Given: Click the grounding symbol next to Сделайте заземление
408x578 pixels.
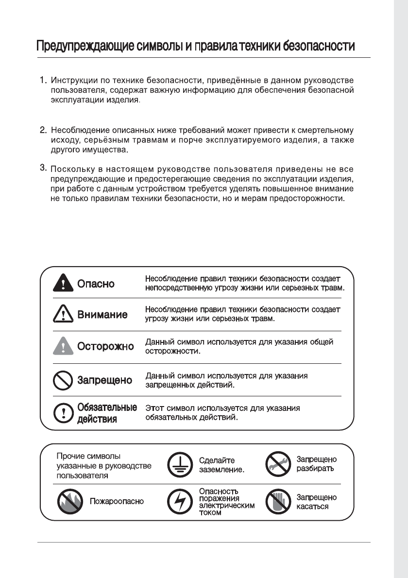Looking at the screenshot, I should pos(177,465).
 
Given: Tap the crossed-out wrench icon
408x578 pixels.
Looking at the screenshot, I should pos(276,465).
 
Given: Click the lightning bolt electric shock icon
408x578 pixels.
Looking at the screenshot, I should pos(177,502).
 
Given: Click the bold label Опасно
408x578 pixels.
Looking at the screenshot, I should pos(96,284).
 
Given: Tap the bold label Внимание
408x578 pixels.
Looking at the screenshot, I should pos(102,314).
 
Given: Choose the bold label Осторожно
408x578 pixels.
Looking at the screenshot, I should pos(105,347).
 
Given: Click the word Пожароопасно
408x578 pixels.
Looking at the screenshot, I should pos(117,501).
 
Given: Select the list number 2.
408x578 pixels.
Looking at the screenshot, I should pos(43,130).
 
